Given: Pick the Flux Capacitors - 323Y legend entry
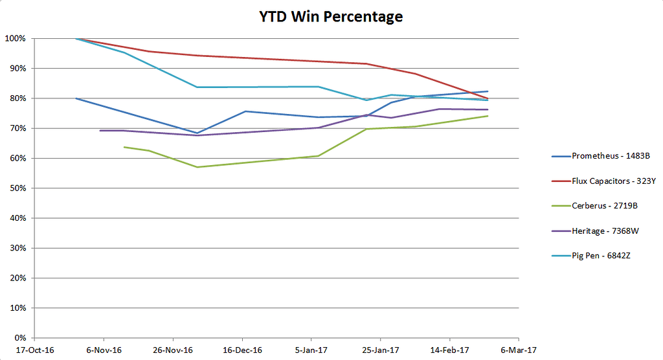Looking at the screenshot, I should (x=612, y=181).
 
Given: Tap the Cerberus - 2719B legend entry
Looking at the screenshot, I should (x=604, y=205).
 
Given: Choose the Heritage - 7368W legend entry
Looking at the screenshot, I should (x=605, y=231).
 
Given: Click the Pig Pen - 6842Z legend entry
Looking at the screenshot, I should (x=601, y=255).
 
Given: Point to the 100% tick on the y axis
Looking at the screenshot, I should (x=15, y=39).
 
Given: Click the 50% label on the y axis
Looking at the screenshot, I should (x=17, y=188).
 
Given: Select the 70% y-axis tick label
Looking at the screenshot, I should (x=17, y=128).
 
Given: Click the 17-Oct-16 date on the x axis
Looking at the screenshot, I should (x=34, y=350).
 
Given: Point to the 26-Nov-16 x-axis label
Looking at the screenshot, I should (x=173, y=350).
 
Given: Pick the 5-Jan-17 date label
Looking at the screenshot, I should (x=311, y=350).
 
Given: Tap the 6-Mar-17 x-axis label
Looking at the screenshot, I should (x=519, y=350).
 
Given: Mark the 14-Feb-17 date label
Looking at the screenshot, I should (x=449, y=350).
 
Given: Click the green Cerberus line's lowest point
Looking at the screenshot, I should (x=197, y=167).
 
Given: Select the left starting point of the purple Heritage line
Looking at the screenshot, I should (x=100, y=131).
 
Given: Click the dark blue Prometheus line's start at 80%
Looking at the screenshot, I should (x=76, y=98).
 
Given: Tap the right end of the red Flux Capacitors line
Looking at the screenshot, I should (x=488, y=98).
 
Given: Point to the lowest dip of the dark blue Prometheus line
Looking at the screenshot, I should (x=197, y=133).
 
